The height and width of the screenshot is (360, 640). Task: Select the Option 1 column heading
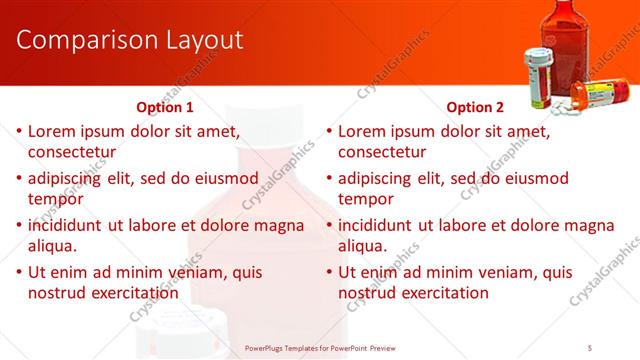(x=165, y=107)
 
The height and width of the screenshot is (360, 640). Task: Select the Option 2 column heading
(x=475, y=107)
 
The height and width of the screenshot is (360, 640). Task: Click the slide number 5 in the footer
(x=591, y=348)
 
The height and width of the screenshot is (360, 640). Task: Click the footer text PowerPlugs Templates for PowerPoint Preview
(x=320, y=348)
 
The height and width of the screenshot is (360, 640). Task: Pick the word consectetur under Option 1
(x=72, y=152)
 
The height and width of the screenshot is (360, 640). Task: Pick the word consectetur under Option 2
(x=382, y=152)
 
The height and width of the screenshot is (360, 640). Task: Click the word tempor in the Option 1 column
(x=56, y=199)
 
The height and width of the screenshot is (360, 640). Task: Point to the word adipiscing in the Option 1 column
(x=67, y=179)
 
